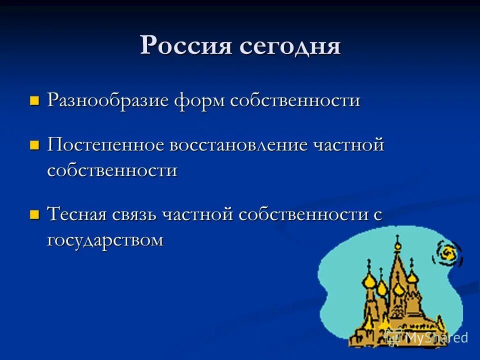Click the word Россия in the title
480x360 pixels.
[x=186, y=46]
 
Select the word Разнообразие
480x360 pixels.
[x=108, y=100]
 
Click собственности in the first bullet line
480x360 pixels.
[x=295, y=100]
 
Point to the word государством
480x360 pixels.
[x=105, y=240]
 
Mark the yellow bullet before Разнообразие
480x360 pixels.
[x=34, y=101]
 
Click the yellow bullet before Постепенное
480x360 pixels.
[x=34, y=146]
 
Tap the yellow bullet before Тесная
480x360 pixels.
[x=34, y=215]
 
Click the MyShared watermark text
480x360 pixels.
[x=436, y=337]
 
